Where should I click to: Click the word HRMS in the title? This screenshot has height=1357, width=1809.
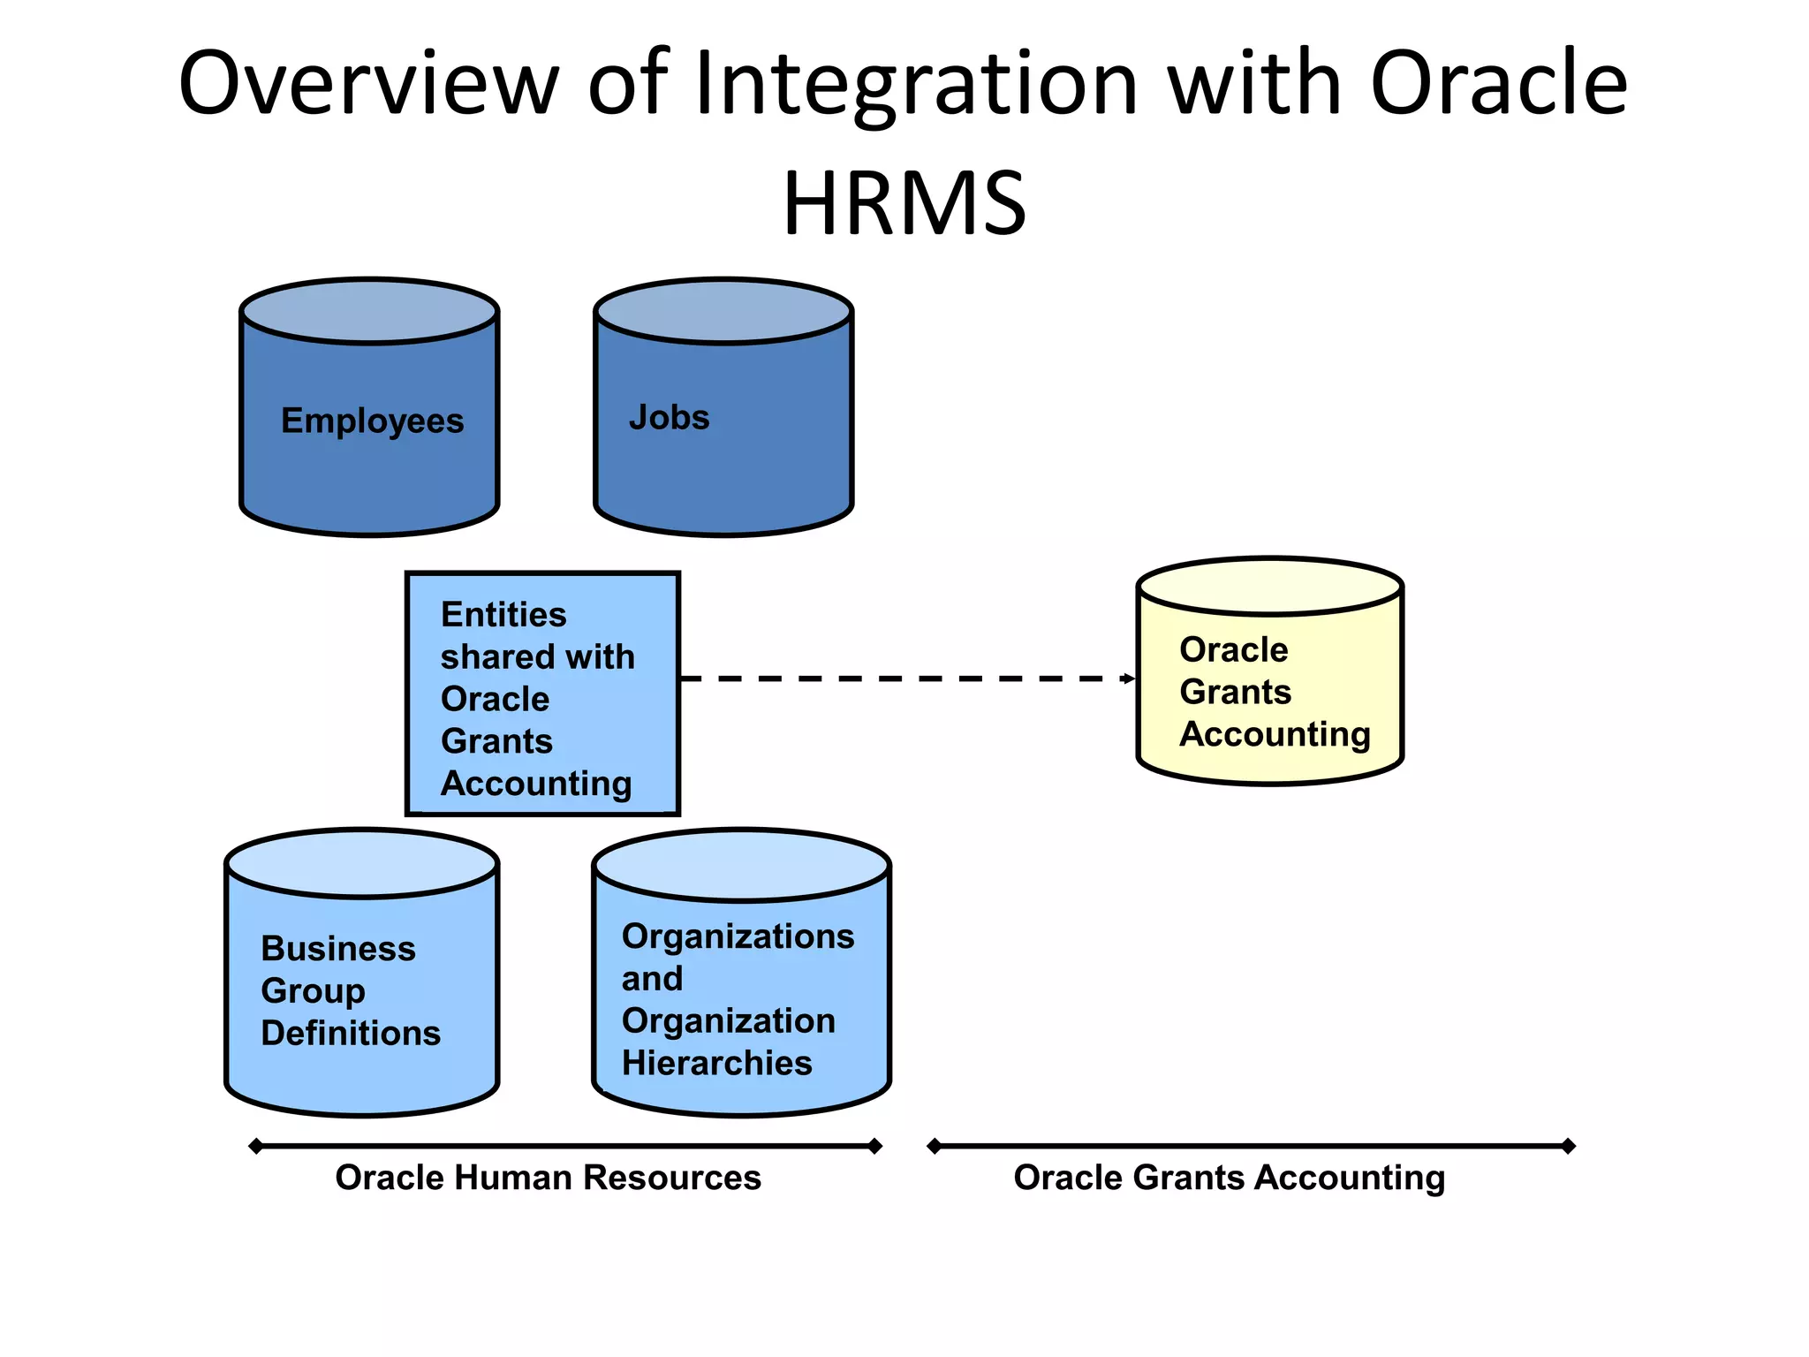904,204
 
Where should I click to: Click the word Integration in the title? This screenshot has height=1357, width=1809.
916,84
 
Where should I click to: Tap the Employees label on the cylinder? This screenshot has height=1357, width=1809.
372,421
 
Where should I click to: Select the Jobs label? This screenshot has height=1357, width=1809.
669,417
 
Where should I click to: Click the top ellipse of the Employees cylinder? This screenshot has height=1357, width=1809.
369,311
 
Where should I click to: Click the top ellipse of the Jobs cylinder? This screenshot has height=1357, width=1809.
723,311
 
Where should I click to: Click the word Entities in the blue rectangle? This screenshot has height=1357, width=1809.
503,614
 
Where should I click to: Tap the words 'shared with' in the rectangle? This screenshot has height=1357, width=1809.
537,656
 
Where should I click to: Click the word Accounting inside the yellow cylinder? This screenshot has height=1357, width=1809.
1275,734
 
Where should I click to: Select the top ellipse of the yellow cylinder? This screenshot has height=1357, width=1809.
1269,587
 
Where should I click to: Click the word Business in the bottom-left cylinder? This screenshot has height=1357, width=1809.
338,948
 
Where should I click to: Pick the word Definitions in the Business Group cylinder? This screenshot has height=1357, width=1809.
351,1033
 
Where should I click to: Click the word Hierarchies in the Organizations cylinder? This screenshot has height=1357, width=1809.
716,1063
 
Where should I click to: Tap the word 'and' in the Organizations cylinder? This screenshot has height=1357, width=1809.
652,978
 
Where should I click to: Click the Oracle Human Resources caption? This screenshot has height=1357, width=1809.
548,1178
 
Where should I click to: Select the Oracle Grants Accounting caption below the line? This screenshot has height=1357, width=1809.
1229,1178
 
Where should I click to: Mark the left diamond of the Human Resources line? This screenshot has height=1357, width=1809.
256,1147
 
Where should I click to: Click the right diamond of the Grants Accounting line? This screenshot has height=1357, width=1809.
1568,1147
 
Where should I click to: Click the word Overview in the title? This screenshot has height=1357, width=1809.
368,84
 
